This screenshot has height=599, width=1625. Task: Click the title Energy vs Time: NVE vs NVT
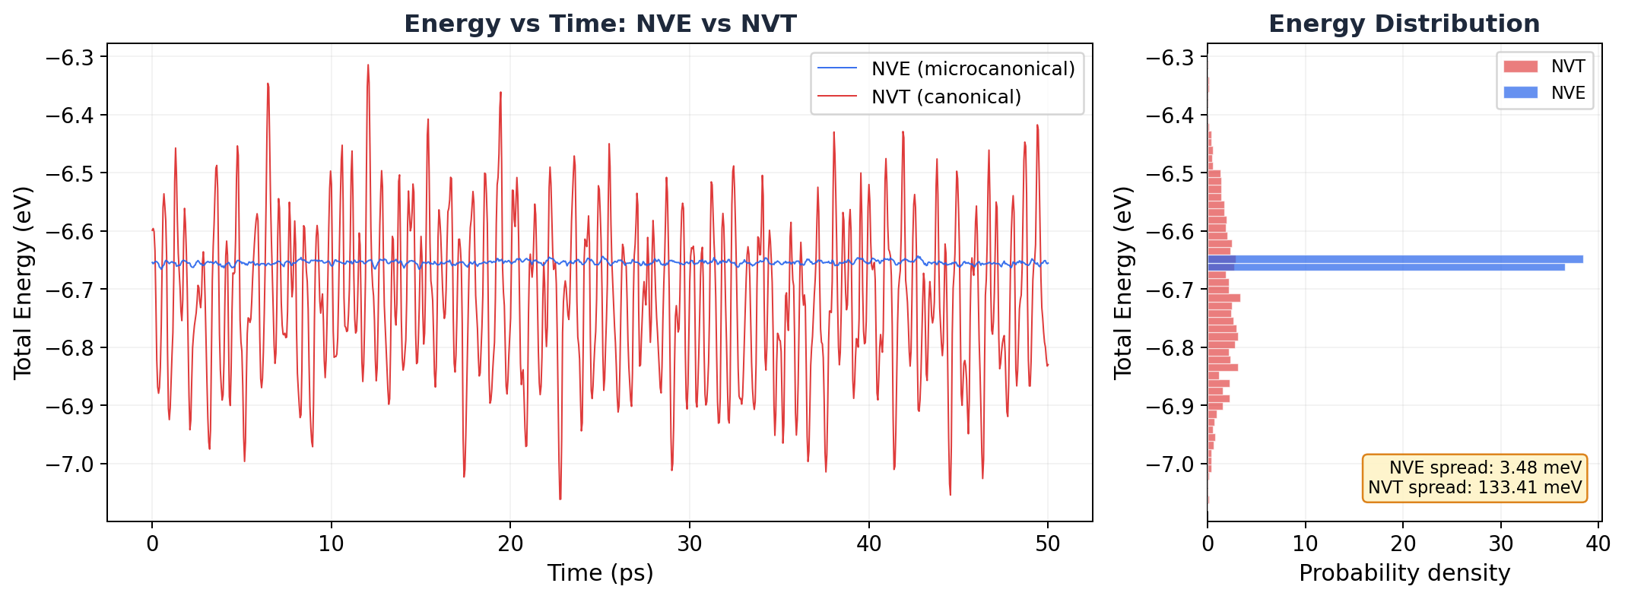click(x=599, y=24)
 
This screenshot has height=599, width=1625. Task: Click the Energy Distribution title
click(x=1404, y=24)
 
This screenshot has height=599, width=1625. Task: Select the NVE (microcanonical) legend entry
click(x=973, y=69)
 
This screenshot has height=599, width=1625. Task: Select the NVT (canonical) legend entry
click(x=946, y=97)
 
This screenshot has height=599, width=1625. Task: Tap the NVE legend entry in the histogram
click(x=1568, y=93)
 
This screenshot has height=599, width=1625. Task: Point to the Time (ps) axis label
click(x=600, y=573)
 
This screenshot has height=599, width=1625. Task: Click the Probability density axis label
click(x=1404, y=573)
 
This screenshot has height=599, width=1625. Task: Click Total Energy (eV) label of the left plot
click(x=23, y=282)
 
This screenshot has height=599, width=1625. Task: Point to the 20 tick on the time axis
click(x=510, y=544)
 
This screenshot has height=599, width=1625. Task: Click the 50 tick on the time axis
click(x=1048, y=544)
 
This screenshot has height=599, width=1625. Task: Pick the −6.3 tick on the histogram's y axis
click(x=1170, y=58)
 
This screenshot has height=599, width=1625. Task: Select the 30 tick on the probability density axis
click(x=1501, y=544)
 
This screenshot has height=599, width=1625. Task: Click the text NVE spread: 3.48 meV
click(x=1485, y=468)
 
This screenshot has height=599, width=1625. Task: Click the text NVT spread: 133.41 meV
click(x=1474, y=488)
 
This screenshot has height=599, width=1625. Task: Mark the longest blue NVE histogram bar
click(x=1395, y=259)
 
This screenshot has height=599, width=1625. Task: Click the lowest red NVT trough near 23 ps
click(x=560, y=498)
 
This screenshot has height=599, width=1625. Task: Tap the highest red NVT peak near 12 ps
click(x=368, y=66)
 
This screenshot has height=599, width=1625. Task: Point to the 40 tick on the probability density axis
click(x=1598, y=544)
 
